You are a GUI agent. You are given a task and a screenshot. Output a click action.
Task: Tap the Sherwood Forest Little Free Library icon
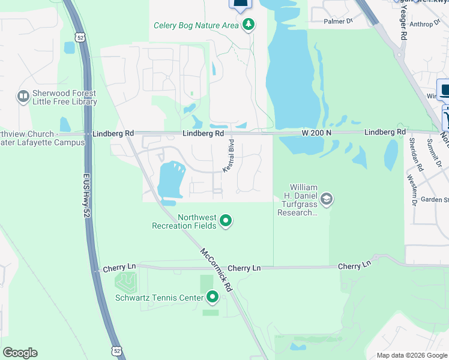pos(23,96)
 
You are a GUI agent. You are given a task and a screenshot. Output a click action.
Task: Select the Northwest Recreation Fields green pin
pos(226,221)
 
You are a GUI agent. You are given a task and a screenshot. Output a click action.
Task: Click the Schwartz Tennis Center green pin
pos(212,296)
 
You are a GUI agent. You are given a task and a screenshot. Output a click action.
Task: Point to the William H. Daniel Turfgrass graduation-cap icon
pos(327,199)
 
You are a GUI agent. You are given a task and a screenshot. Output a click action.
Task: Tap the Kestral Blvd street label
pos(229,157)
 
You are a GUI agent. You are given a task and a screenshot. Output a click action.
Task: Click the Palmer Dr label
pos(339,21)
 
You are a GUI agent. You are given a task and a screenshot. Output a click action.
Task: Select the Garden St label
pos(435,199)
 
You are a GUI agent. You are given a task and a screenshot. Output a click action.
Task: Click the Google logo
pos(20,353)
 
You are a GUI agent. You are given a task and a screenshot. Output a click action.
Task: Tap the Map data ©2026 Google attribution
pos(411,355)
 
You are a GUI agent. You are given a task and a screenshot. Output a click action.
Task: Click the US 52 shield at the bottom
pos(116,350)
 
